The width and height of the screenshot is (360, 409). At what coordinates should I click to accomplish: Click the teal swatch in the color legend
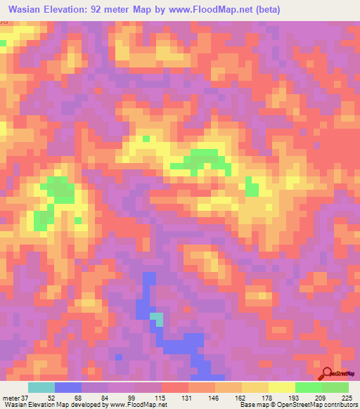tap(41, 387)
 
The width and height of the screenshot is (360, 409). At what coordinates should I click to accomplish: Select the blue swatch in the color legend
tap(68, 387)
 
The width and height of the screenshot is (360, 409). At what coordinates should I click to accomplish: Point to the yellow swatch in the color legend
tap(282, 387)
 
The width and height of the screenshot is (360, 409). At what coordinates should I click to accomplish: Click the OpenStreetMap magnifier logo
tap(327, 374)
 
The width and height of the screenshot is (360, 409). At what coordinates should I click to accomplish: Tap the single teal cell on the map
tap(158, 319)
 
